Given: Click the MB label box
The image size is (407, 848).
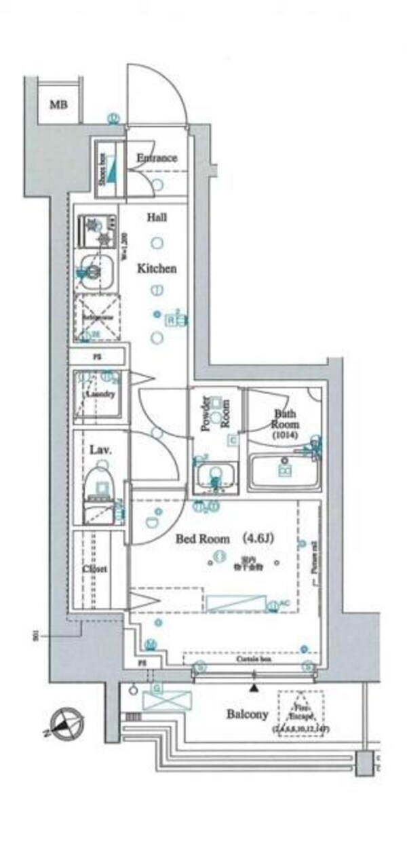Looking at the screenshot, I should click(58, 104).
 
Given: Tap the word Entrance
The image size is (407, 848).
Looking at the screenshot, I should click(157, 158).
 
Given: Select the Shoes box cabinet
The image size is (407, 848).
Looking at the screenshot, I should click(106, 168).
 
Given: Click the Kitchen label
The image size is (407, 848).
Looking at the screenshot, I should click(157, 269).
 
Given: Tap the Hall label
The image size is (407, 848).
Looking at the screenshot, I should click(157, 218).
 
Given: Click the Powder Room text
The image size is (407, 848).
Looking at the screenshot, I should click(216, 415).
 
